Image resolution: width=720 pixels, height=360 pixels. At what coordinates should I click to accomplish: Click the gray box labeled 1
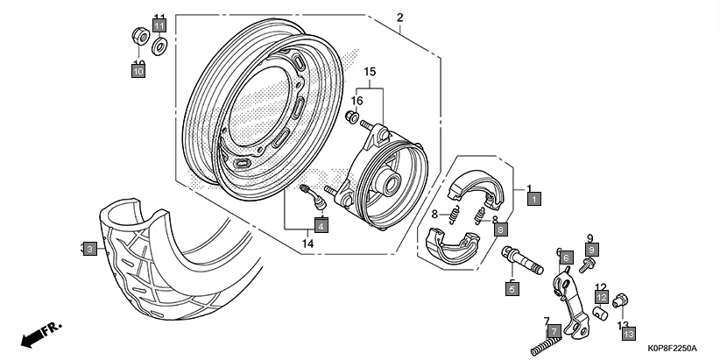tap(533, 199)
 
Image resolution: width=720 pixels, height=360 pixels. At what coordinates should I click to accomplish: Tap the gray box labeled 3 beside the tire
tap(89, 250)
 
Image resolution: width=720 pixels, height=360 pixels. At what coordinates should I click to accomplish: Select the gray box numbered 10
tap(138, 73)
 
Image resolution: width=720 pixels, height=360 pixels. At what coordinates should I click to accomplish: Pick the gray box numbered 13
tap(630, 334)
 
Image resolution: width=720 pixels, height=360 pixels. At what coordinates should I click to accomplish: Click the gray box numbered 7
tap(553, 331)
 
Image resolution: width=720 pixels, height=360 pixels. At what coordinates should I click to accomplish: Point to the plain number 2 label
tap(399, 18)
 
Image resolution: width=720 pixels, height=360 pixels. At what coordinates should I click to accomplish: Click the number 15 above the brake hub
tap(370, 71)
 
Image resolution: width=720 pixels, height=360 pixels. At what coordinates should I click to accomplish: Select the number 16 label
tap(356, 101)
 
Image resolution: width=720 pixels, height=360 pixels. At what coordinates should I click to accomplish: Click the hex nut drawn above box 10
tap(138, 36)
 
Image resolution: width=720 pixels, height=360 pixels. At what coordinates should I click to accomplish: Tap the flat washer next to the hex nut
tap(159, 44)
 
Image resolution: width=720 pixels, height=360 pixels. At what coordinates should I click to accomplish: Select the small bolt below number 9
tap(587, 263)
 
